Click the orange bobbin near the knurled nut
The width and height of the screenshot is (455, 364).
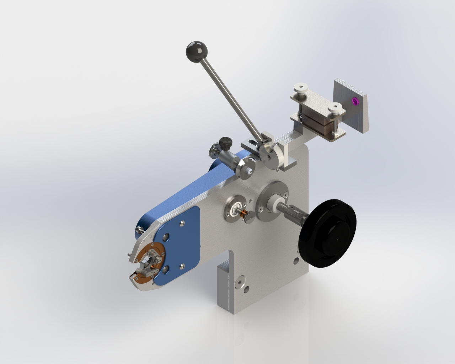point(244,215)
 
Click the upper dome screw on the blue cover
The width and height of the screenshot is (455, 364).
point(182,223)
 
